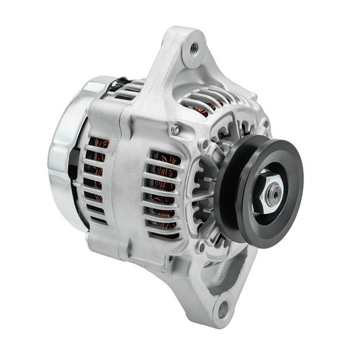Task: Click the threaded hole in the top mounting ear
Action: pyautogui.click(x=194, y=48)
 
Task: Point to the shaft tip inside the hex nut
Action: pyautogui.click(x=275, y=194)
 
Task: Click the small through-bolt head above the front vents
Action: pyautogui.click(x=175, y=129)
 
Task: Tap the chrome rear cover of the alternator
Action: pyautogui.click(x=64, y=155)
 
